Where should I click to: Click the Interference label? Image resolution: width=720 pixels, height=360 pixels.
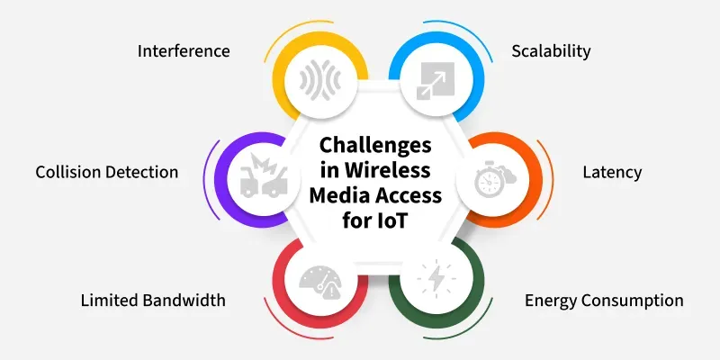184,50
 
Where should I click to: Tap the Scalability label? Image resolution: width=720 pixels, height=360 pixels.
551,51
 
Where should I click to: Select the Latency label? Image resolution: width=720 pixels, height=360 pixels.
613,173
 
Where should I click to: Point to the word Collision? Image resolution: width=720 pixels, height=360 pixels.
68,172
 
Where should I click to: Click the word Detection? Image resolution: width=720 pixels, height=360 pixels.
141,172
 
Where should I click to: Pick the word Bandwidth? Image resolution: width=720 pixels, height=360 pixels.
184,301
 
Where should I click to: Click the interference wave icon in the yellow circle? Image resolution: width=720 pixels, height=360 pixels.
320,82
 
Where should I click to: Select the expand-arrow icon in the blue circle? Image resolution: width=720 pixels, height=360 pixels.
436,81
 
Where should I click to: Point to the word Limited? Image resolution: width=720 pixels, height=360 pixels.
110,301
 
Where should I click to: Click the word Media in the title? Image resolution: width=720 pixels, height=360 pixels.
341,195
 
